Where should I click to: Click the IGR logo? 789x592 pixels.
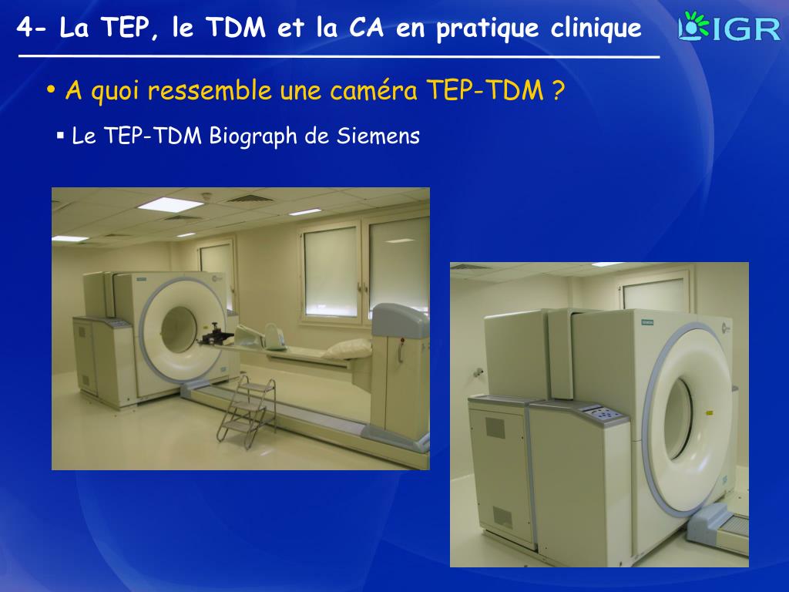[729, 28]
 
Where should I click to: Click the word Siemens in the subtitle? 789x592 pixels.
[378, 136]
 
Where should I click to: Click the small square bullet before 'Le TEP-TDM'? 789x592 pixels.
[60, 136]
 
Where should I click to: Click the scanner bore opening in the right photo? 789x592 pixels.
[680, 420]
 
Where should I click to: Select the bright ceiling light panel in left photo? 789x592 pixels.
[170, 204]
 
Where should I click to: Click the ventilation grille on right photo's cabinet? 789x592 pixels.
[495, 429]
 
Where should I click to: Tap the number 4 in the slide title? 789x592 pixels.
[25, 29]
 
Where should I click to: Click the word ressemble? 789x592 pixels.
[209, 91]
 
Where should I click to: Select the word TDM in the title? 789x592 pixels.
[234, 29]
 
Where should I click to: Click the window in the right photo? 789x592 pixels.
[653, 294]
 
